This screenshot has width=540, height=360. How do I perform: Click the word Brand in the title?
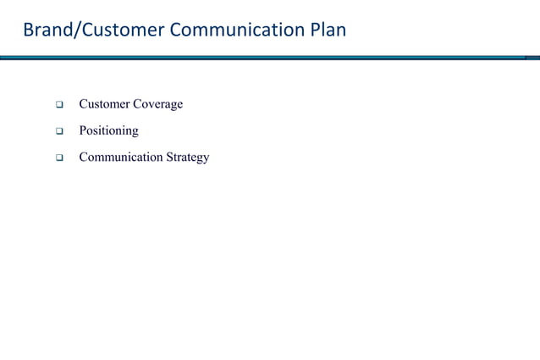click(46, 31)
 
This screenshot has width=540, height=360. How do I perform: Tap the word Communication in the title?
click(239, 31)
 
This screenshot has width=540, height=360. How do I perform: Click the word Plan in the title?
click(328, 31)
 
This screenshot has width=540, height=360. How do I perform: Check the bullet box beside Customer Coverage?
click(60, 106)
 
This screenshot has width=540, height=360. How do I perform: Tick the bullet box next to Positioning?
click(60, 132)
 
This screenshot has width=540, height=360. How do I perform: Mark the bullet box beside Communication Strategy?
click(60, 158)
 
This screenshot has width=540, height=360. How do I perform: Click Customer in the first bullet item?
click(104, 104)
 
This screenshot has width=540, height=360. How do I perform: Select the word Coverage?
click(158, 104)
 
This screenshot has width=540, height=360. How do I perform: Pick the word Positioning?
click(108, 131)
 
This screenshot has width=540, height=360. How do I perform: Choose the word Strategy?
click(187, 158)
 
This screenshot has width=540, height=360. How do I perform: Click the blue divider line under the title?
click(270, 58)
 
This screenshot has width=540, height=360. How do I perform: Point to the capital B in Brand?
click(28, 31)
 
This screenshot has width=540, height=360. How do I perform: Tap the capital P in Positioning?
click(83, 130)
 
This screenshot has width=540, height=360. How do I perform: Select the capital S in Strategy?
click(169, 158)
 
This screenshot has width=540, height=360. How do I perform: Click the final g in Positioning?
click(135, 133)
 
